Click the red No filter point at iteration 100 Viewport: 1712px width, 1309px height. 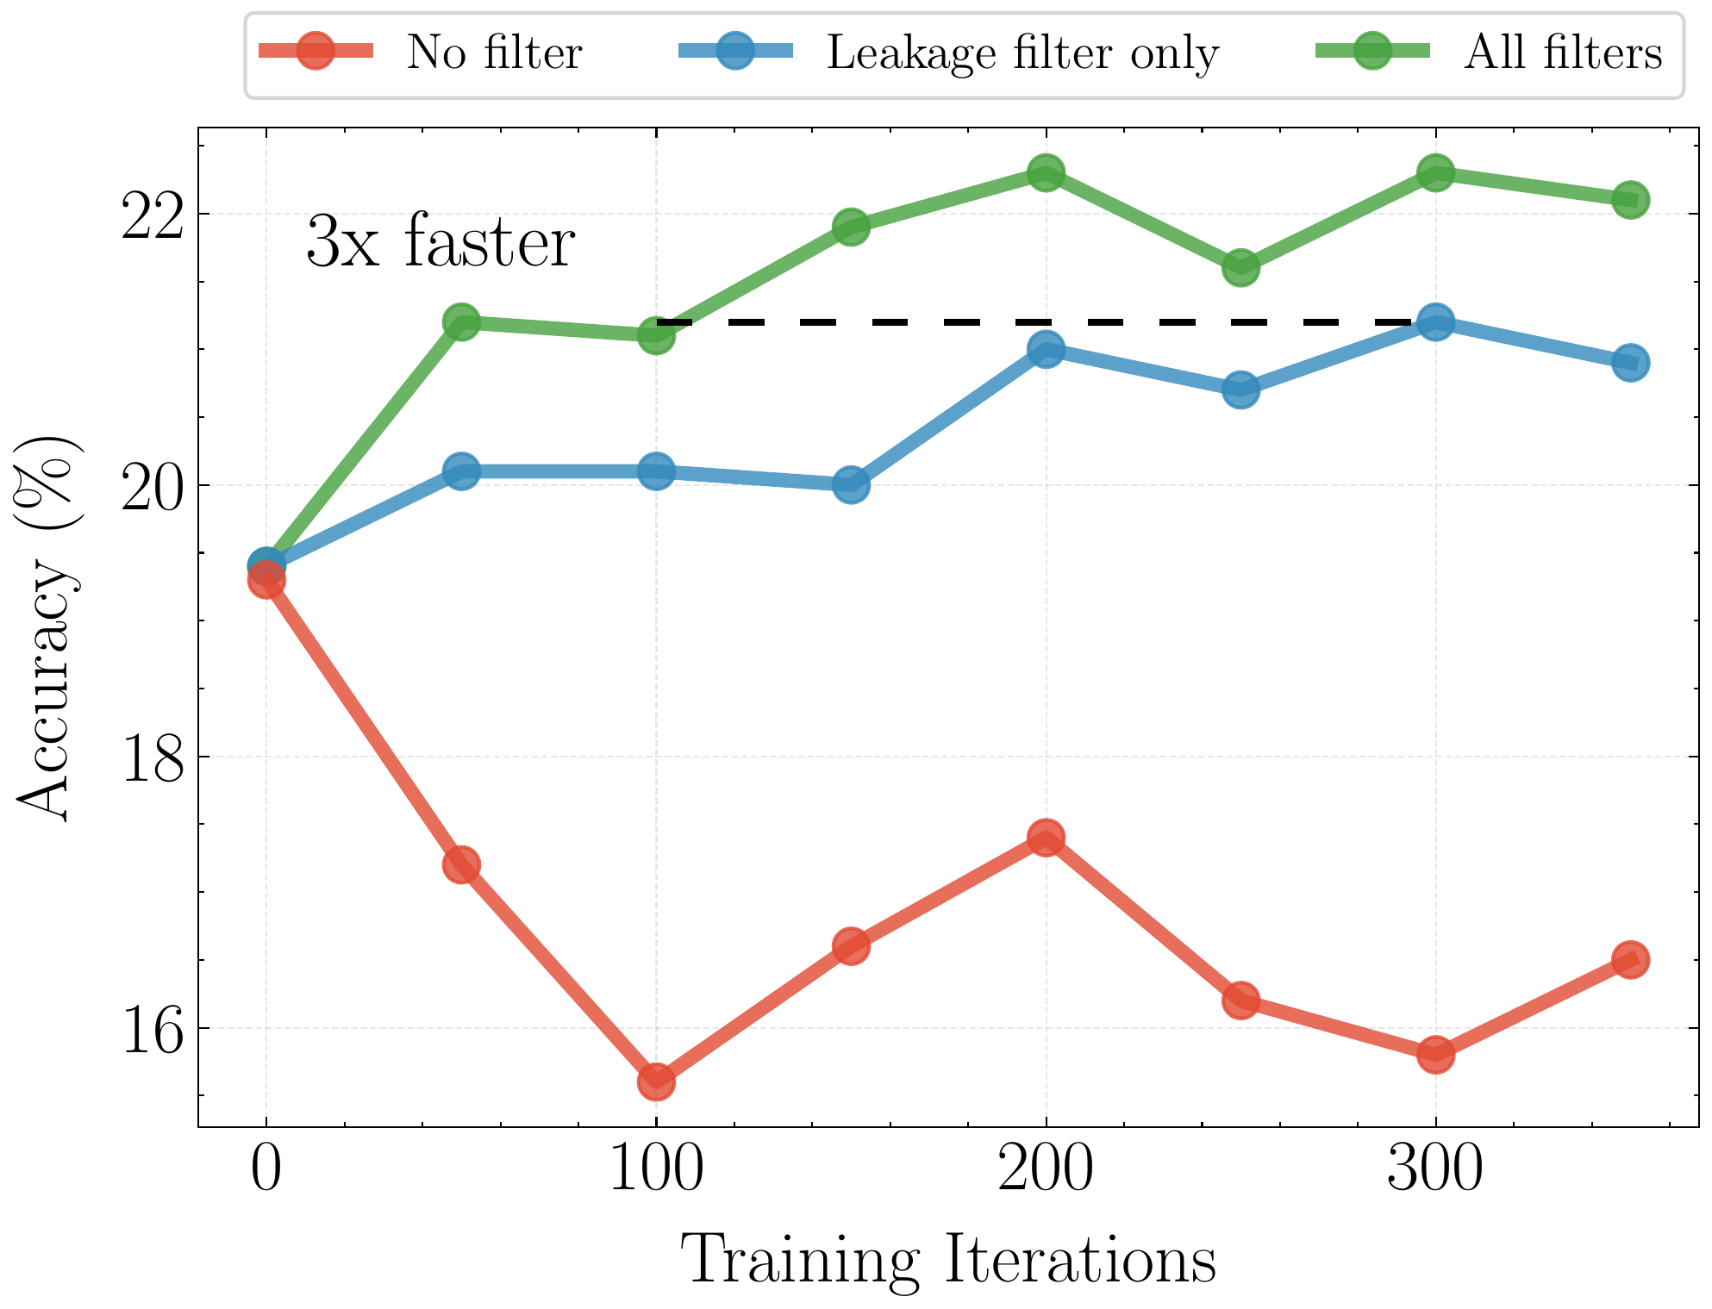pos(656,1081)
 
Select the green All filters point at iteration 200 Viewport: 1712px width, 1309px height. pos(1046,173)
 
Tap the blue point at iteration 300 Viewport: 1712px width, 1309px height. pos(1435,322)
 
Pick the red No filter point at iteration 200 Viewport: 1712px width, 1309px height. pos(1046,837)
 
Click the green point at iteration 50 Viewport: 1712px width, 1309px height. pos(461,321)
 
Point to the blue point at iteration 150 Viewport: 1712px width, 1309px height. pos(851,485)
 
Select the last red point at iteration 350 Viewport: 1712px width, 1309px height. pos(1630,959)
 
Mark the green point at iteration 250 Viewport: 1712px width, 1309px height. pos(1240,267)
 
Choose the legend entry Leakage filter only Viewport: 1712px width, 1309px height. pos(1022,53)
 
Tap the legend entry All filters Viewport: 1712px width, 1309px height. pos(1562,53)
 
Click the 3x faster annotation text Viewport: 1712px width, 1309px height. pos(440,242)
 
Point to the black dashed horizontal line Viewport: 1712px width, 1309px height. pos(1034,322)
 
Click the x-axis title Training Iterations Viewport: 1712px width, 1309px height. pos(948,1260)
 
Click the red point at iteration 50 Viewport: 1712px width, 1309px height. pos(461,864)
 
